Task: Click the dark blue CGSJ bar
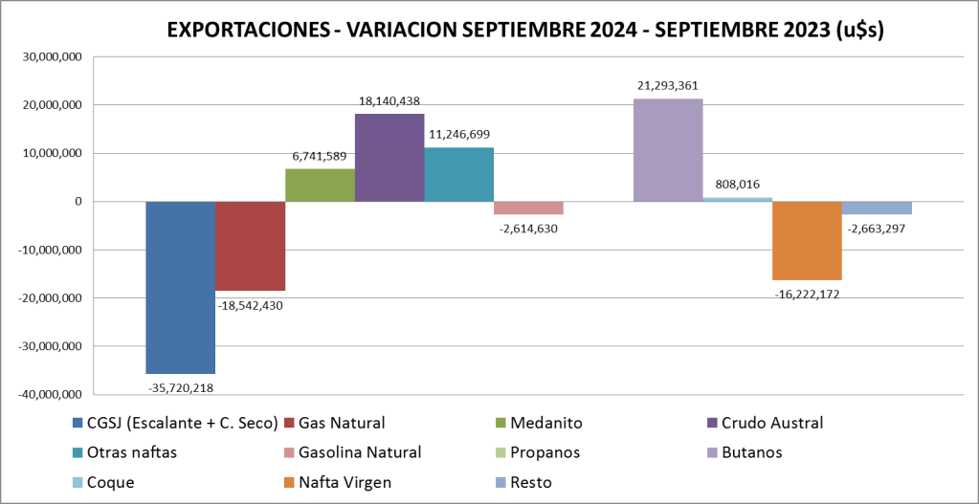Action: pyautogui.click(x=180, y=287)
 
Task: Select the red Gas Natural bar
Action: pyautogui.click(x=250, y=246)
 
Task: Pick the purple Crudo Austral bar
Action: pyautogui.click(x=389, y=158)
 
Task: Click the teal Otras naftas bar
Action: pyautogui.click(x=458, y=174)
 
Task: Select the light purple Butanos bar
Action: pyautogui.click(x=668, y=150)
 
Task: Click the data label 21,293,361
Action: pyautogui.click(x=669, y=85)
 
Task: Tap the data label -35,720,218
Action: pyautogui.click(x=180, y=387)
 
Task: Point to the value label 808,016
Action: pyautogui.click(x=737, y=185)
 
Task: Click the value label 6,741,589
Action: pyautogui.click(x=319, y=155)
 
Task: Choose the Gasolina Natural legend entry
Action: pyautogui.click(x=360, y=452)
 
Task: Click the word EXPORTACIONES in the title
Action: pyautogui.click(x=245, y=30)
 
